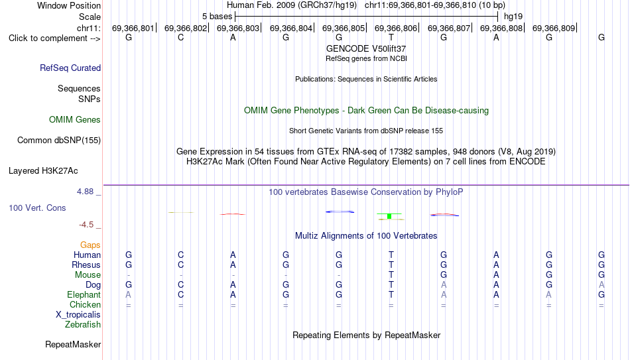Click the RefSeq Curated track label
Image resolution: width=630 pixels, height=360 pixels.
tap(70, 68)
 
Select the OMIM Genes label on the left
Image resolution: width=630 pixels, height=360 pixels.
tap(75, 120)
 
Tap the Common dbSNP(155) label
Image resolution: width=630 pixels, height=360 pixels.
tap(59, 141)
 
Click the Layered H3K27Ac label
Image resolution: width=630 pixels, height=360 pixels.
tap(43, 171)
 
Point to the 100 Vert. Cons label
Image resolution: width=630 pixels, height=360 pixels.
tap(37, 208)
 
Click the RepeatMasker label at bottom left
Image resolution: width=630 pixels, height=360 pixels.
tap(73, 344)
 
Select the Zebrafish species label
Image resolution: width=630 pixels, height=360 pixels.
tap(83, 324)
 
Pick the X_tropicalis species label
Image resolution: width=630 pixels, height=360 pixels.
tap(78, 315)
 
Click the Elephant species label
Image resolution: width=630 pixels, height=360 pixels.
tap(84, 294)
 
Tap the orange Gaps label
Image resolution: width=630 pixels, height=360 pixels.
tap(90, 245)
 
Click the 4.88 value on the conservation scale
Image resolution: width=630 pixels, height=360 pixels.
tap(85, 192)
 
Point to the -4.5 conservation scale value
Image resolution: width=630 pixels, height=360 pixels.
tap(86, 225)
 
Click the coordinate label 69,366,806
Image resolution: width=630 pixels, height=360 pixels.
tap(396, 28)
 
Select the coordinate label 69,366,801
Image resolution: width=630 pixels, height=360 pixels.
tap(133, 28)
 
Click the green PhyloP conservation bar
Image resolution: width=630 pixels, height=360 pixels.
tap(389, 216)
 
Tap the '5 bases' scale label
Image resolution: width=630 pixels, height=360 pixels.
tap(217, 17)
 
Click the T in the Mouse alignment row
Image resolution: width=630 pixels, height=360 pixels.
tap(391, 275)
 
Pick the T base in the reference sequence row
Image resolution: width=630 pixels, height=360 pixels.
tap(391, 37)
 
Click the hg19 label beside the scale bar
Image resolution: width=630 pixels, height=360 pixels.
tap(513, 17)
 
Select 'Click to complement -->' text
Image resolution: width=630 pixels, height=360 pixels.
tap(54, 38)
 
